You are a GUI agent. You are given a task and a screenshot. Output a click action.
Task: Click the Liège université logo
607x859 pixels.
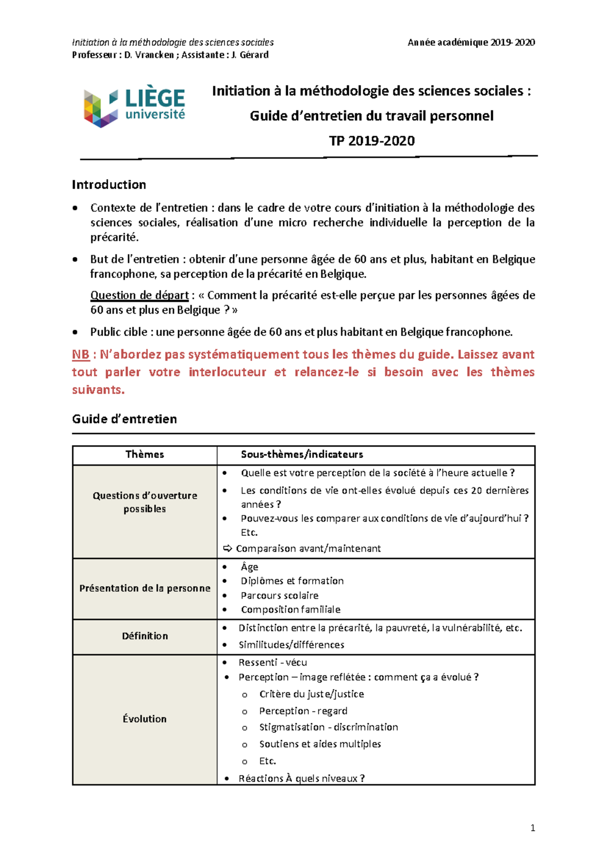tap(134, 106)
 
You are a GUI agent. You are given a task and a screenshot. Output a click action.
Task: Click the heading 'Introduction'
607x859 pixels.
tap(109, 185)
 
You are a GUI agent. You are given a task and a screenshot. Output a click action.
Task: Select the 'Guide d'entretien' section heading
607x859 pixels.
tap(124, 419)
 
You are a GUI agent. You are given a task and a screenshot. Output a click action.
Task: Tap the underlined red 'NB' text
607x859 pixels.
tap(80, 355)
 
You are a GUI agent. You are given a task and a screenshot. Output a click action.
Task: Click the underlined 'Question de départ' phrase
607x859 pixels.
tap(139, 295)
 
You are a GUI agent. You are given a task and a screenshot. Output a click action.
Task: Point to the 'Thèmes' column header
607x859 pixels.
tap(145, 454)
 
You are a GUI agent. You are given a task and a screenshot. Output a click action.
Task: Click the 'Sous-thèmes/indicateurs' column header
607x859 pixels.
tap(301, 454)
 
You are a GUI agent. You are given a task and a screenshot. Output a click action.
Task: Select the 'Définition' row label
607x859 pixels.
tap(145, 636)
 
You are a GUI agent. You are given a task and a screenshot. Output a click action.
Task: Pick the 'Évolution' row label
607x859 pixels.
tap(145, 719)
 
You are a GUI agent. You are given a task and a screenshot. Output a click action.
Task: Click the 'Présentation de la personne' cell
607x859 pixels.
tap(145, 588)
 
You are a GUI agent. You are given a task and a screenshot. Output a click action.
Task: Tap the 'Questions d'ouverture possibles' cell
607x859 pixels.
tap(145, 502)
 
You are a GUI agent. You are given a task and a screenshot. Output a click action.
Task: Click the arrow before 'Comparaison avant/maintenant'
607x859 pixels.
tap(228, 548)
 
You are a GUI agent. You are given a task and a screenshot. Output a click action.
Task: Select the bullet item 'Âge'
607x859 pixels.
tap(249, 567)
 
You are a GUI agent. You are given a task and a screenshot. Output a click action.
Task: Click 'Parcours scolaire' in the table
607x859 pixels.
tap(279, 595)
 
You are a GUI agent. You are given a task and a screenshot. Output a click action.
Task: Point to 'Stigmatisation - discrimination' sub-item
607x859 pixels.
tap(328, 727)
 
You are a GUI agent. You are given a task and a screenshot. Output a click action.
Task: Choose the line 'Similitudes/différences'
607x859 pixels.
tap(291, 645)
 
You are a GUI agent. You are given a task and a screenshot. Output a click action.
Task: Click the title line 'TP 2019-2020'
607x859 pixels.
tap(372, 141)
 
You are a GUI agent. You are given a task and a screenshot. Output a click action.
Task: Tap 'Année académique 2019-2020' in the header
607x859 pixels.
tap(471, 42)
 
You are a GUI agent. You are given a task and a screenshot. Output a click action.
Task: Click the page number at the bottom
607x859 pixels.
tap(533, 828)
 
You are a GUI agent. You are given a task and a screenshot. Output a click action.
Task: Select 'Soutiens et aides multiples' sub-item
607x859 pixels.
tap(320, 744)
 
